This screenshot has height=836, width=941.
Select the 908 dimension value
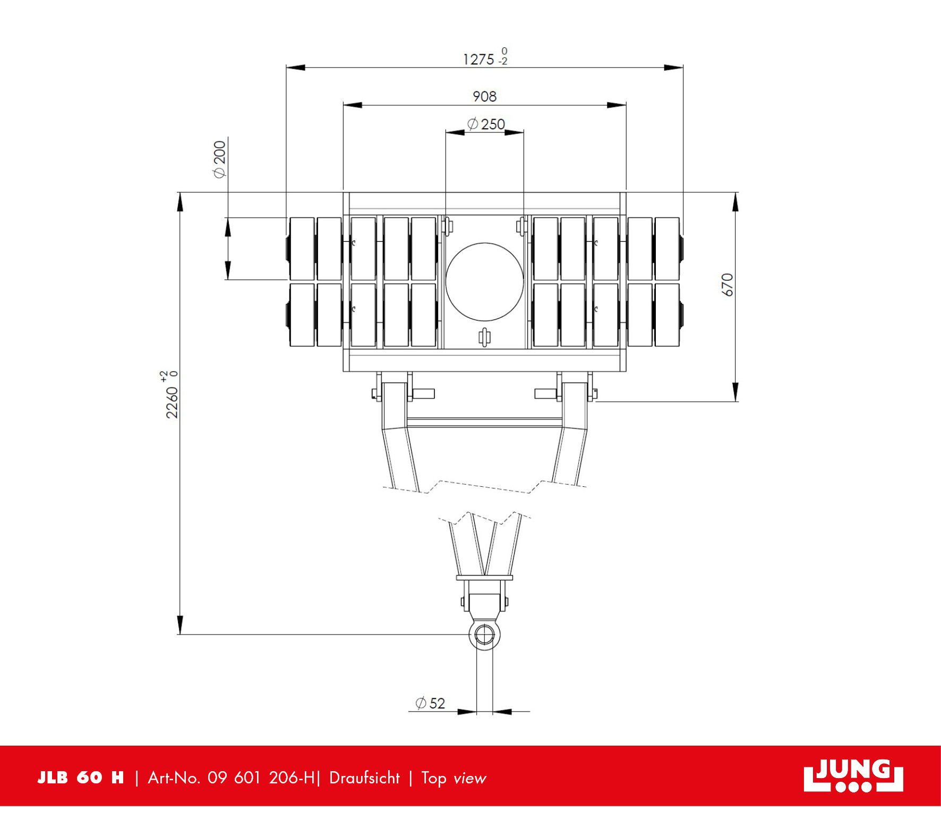click(484, 96)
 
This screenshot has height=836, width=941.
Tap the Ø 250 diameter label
click(486, 124)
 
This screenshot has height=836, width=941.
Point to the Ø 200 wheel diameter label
click(219, 159)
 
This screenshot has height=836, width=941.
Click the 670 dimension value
click(727, 285)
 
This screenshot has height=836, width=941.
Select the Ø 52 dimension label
click(430, 703)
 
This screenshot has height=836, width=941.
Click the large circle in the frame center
click(484, 282)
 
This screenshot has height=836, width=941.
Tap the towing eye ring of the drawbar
click(484, 635)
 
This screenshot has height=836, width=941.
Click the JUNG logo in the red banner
click(853, 775)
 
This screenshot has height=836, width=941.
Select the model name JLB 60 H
click(81, 778)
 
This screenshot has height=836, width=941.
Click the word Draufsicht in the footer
click(364, 778)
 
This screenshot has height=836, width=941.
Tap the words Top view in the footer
click(454, 778)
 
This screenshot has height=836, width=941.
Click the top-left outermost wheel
click(302, 248)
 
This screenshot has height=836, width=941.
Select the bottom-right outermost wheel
click(667, 315)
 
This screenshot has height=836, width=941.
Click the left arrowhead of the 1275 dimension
click(295, 67)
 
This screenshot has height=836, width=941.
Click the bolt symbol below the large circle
click(484, 337)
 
